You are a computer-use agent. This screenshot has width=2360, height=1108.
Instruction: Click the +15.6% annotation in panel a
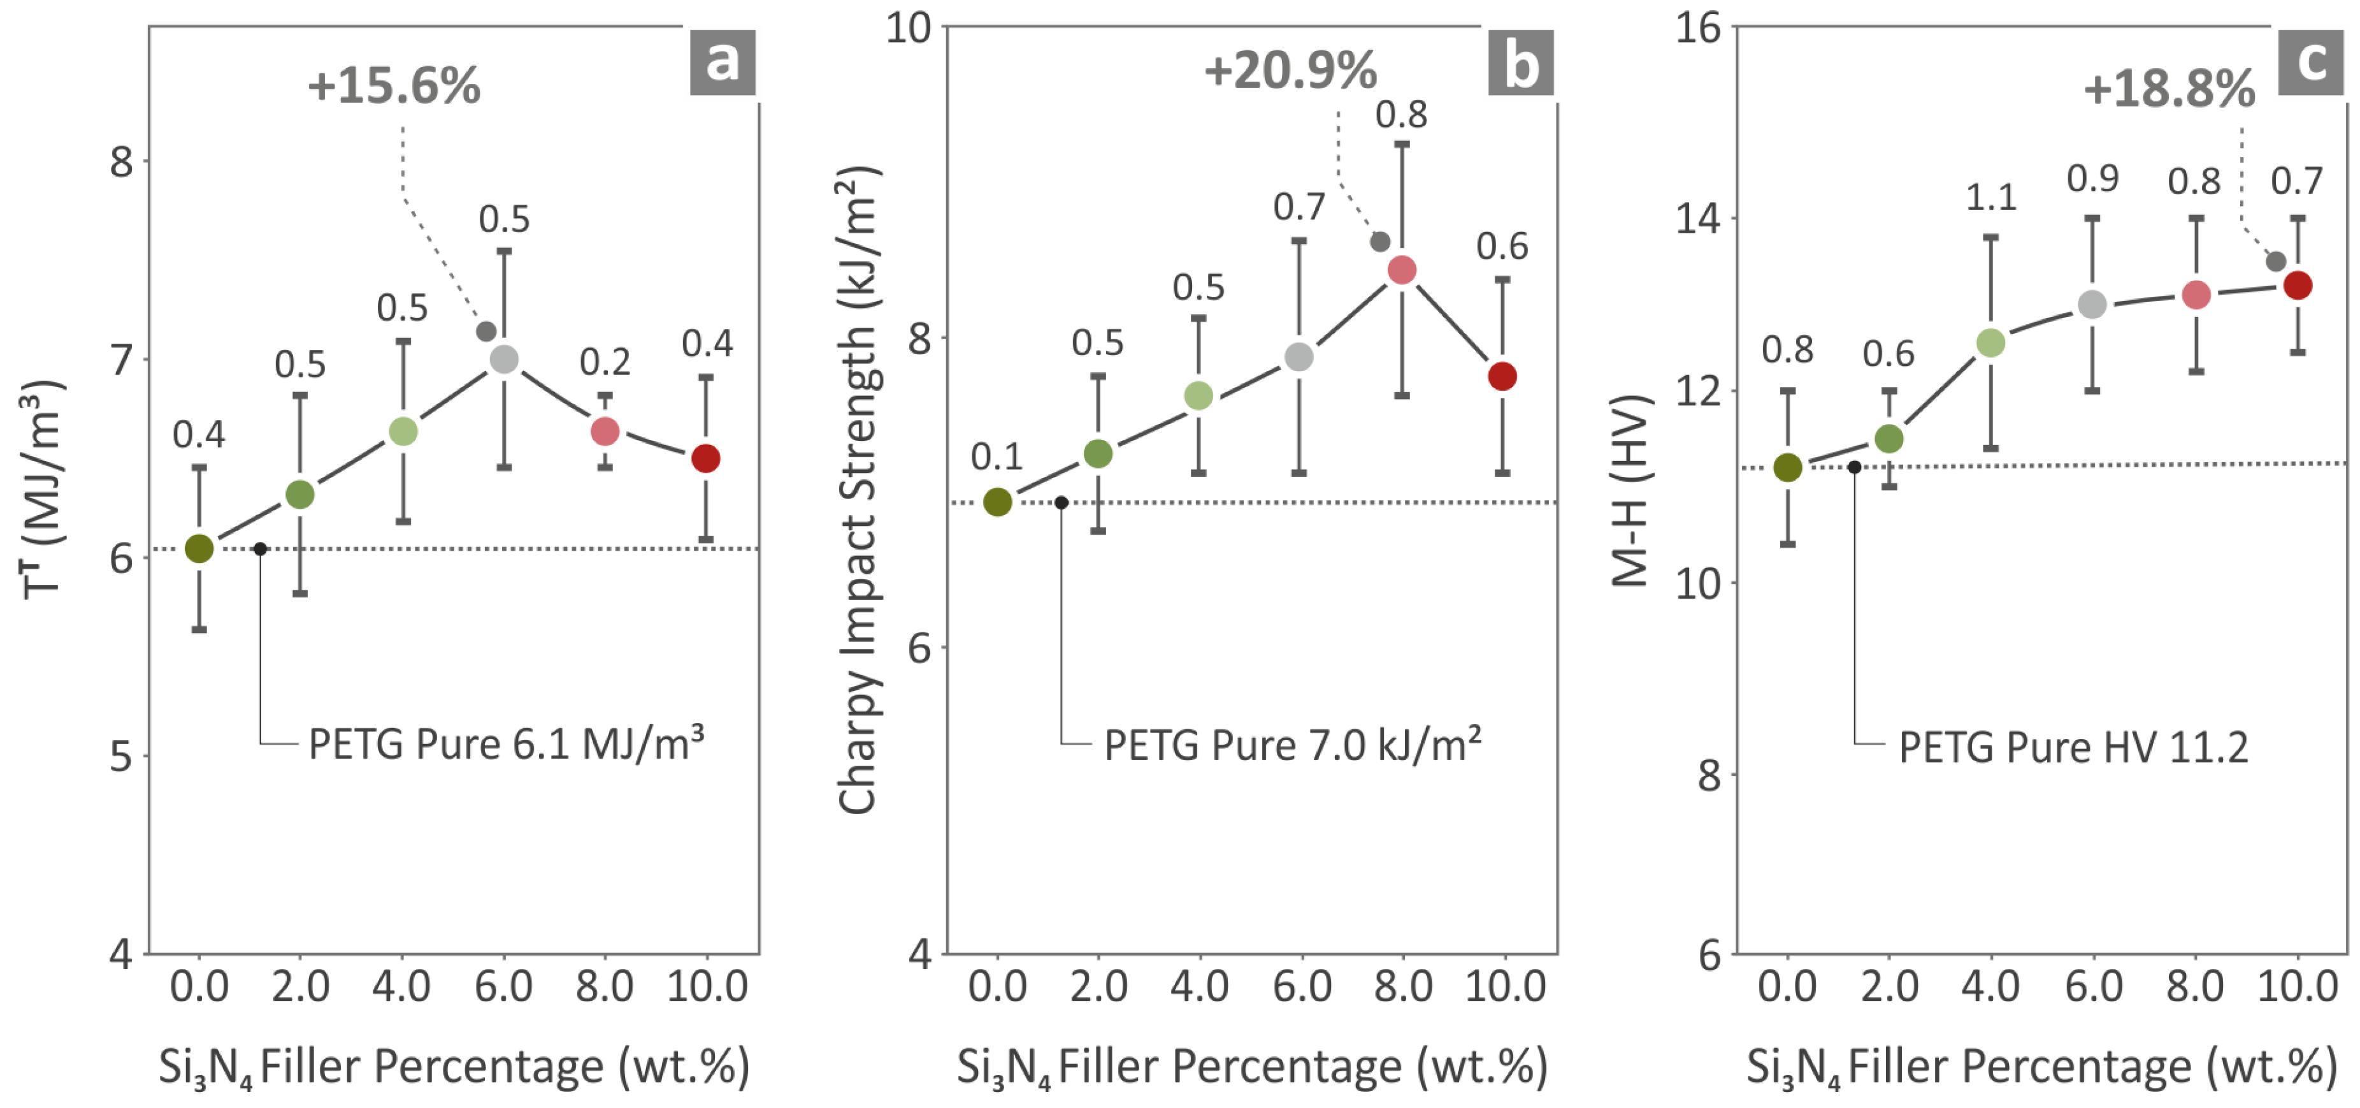click(394, 87)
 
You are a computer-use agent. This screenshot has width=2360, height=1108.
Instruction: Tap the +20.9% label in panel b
click(1290, 71)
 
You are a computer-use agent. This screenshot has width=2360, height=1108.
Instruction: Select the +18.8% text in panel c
click(2168, 90)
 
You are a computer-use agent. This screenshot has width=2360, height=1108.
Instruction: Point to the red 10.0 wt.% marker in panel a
click(705, 458)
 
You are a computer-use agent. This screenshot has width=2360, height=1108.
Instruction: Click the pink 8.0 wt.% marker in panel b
click(1402, 270)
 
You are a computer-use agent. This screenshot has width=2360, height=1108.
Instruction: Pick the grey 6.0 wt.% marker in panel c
click(2092, 304)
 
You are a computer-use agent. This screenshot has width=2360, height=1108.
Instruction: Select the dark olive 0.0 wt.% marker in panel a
click(199, 548)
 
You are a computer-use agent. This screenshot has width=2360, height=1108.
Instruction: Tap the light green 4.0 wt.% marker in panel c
click(1990, 344)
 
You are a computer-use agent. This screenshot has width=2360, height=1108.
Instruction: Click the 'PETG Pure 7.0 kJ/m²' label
click(1292, 745)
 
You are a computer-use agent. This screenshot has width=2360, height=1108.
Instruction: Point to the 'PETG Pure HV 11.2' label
click(2073, 748)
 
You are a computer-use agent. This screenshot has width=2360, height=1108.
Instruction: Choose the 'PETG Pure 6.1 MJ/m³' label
click(506, 743)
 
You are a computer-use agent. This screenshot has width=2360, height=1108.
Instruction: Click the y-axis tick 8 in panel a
click(122, 162)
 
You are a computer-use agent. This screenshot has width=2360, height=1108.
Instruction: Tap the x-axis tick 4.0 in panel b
click(1199, 987)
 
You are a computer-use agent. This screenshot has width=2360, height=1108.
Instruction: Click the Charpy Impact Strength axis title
click(858, 490)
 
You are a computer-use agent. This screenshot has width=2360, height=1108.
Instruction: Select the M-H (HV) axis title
click(1630, 490)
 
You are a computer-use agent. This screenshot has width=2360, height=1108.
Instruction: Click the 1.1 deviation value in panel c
click(1991, 197)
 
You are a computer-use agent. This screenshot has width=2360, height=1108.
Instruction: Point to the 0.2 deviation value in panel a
click(605, 363)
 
